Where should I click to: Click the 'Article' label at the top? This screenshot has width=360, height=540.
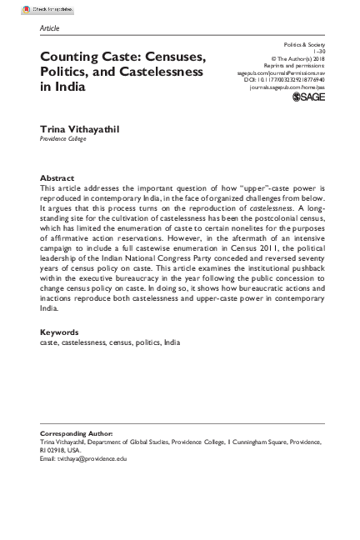click(50, 28)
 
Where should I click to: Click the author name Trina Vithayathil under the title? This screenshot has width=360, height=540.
click(81, 129)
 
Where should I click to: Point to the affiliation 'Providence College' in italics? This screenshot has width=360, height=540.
click(62, 139)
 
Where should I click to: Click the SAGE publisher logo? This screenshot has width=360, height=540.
click(308, 98)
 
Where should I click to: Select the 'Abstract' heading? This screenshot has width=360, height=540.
click(57, 178)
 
